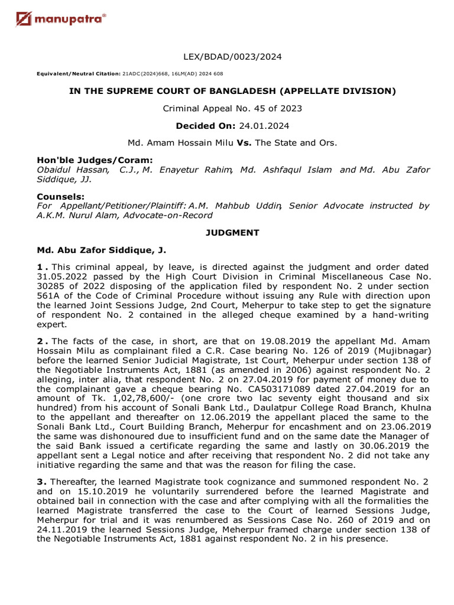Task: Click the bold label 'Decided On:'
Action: [203, 125]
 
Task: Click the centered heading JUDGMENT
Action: [232, 233]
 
